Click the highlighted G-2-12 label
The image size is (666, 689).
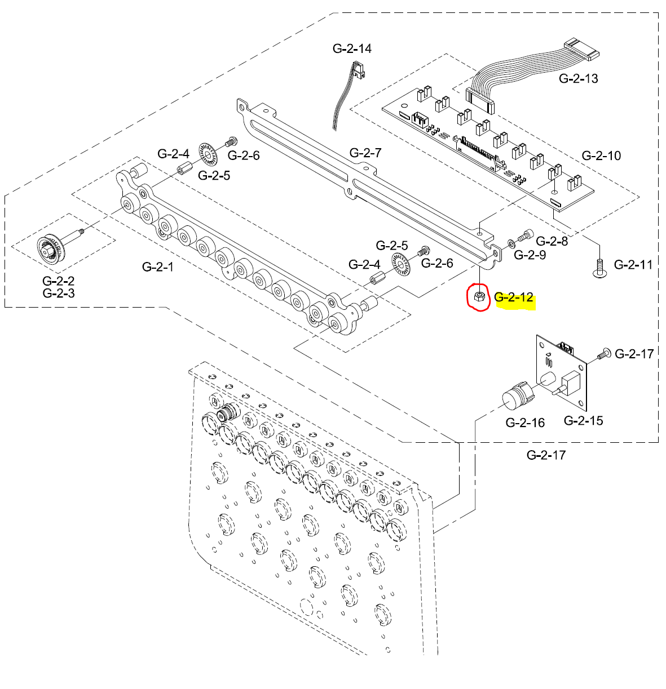(x=514, y=297)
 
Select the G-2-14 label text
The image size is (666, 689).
(x=352, y=48)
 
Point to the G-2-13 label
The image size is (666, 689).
(x=579, y=78)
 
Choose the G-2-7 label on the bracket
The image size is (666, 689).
(x=365, y=153)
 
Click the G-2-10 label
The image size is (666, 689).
(x=601, y=155)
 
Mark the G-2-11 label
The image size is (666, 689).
(x=633, y=264)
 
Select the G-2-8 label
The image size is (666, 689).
(x=552, y=241)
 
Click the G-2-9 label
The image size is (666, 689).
(x=530, y=255)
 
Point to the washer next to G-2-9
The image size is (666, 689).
(x=510, y=243)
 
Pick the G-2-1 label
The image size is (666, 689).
(x=158, y=266)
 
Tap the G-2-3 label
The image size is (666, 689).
(x=58, y=293)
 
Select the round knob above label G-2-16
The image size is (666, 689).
(x=516, y=395)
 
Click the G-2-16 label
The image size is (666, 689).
(x=525, y=423)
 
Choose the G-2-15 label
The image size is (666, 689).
(x=584, y=420)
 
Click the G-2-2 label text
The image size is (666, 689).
(x=58, y=281)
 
